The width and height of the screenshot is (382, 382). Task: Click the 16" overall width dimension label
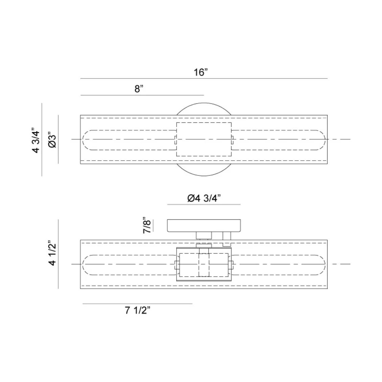pyautogui.click(x=200, y=72)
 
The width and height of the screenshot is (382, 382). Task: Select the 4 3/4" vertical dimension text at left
pyautogui.click(x=36, y=140)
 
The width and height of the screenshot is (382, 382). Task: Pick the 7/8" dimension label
pyautogui.click(x=147, y=225)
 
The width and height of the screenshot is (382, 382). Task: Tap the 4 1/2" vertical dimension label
pyautogui.click(x=52, y=253)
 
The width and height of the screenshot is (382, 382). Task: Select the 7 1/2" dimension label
pyautogui.click(x=138, y=311)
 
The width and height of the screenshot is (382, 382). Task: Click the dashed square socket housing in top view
pyautogui.click(x=204, y=139)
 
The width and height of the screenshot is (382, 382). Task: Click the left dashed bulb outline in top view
pyautogui.click(x=128, y=139)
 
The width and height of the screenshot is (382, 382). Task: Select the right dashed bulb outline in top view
pyautogui.click(x=279, y=139)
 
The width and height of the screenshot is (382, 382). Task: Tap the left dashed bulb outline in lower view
pyautogui.click(x=128, y=264)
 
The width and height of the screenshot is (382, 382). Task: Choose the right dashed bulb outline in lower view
pyautogui.click(x=279, y=264)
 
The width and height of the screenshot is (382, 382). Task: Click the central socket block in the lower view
pyautogui.click(x=204, y=264)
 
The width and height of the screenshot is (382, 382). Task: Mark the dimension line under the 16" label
pyautogui.click(x=204, y=78)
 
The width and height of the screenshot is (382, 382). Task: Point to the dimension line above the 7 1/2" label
pyautogui.click(x=138, y=304)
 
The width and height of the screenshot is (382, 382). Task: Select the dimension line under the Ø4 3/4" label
pyautogui.click(x=204, y=205)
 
